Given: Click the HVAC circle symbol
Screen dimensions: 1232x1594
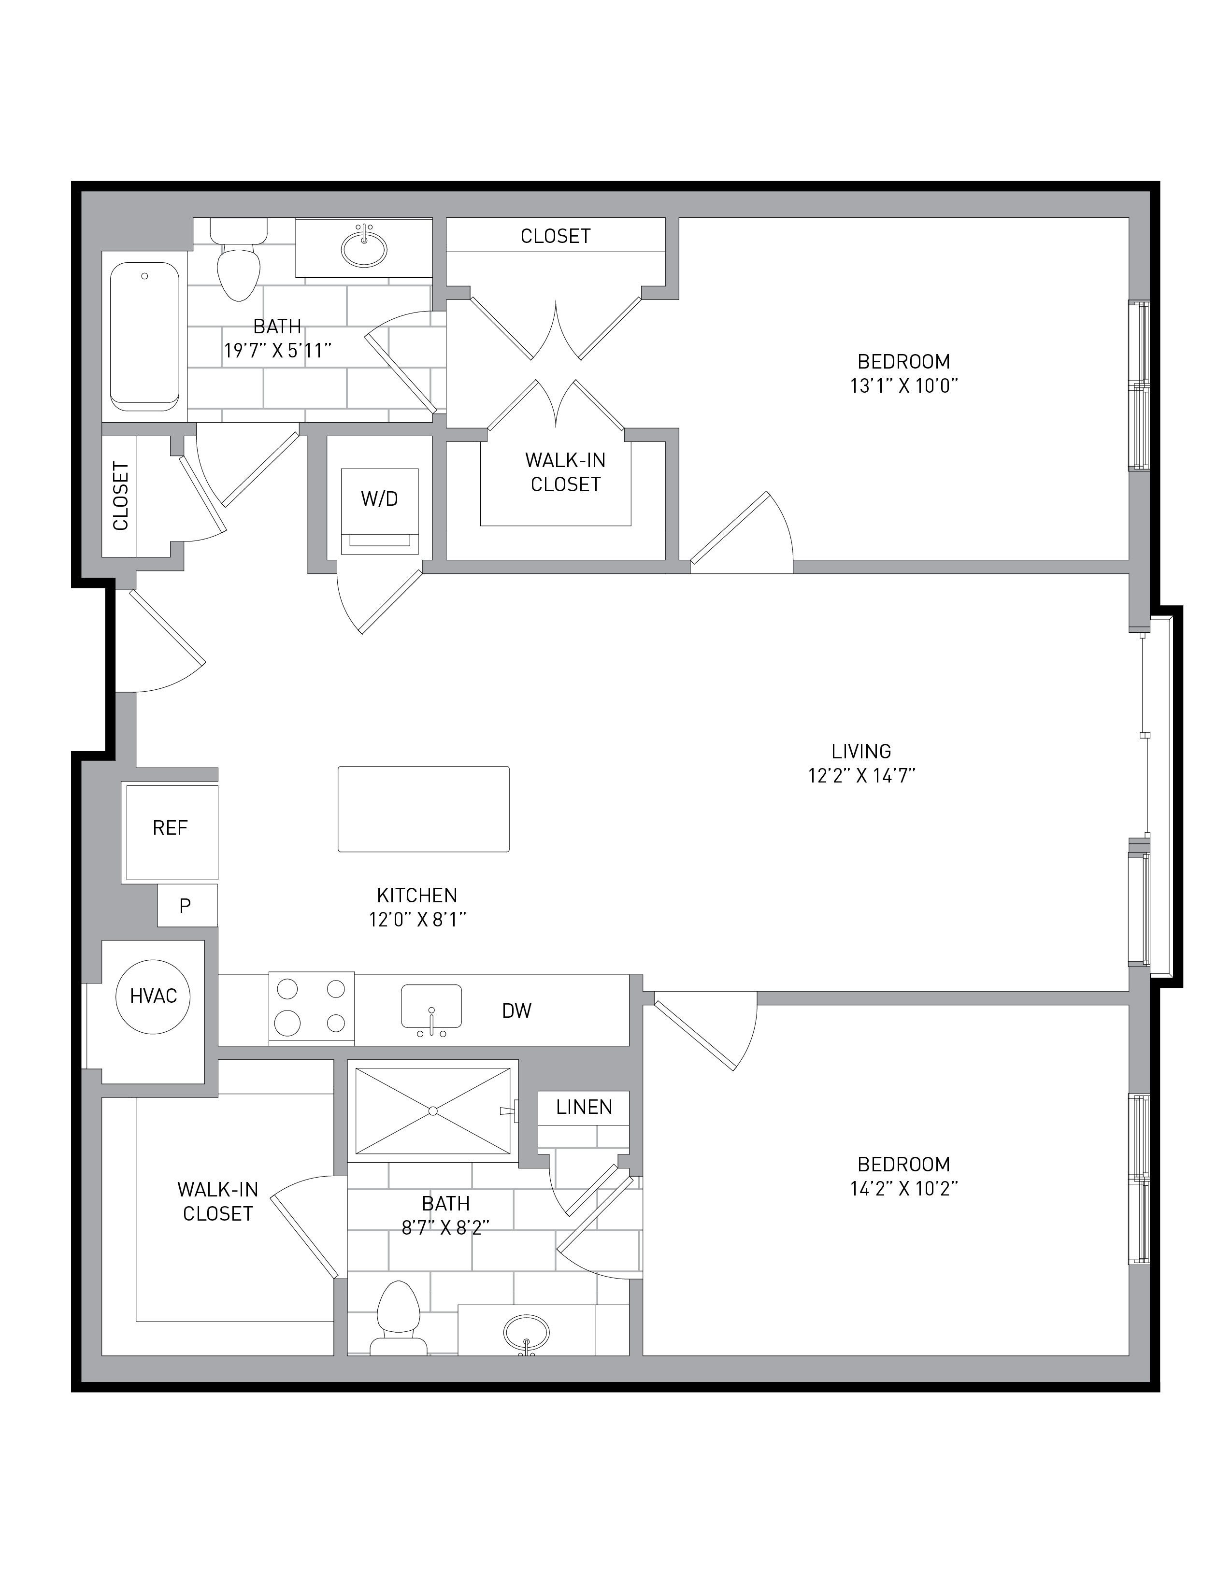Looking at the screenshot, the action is [153, 996].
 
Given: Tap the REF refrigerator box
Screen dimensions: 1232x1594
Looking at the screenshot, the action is [172, 832].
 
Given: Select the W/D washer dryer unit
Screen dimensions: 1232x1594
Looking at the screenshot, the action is [380, 512].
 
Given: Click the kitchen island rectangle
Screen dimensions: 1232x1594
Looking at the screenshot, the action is [423, 809].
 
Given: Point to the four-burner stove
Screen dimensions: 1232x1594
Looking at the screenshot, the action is [312, 1008].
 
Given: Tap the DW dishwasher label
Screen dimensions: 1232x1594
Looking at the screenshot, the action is [517, 1011].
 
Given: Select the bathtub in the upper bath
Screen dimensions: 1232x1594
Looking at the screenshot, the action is [144, 337].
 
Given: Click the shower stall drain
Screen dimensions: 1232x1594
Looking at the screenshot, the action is [433, 1111].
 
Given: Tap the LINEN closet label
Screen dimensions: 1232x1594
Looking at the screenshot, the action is [584, 1107].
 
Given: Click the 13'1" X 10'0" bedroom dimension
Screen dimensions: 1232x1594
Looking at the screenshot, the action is [903, 386].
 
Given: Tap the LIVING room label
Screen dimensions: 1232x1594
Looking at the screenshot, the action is [861, 751].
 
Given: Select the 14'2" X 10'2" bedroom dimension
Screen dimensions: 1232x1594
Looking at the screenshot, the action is [903, 1189].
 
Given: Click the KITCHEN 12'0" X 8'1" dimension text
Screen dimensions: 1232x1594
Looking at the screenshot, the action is [417, 907].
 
